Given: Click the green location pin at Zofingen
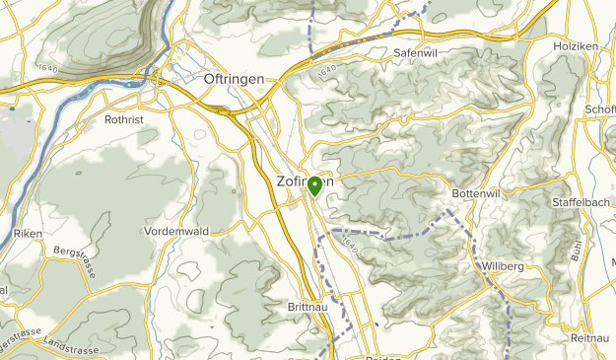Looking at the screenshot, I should tap(314, 185).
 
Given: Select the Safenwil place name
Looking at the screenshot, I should tap(414, 52).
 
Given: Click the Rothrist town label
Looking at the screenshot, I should tap(125, 120).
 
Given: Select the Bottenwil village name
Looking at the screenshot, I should tap(478, 194).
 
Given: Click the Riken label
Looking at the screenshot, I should tap(29, 234).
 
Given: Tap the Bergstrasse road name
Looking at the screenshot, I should tap(75, 263).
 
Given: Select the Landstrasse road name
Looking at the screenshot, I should tap(71, 347).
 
